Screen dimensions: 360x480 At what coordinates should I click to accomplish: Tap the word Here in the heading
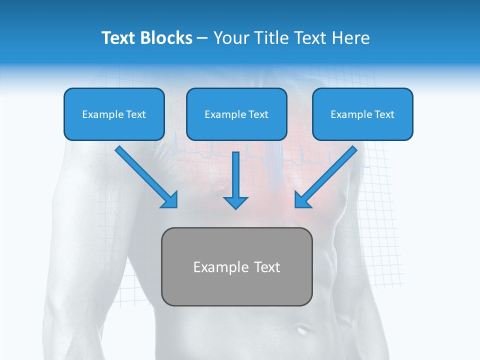350,38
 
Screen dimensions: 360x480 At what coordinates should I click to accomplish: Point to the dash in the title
202,38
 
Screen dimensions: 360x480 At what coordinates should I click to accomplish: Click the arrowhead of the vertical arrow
236,202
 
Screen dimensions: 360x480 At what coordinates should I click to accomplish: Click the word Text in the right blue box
384,114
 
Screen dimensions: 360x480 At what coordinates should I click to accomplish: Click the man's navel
302,329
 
